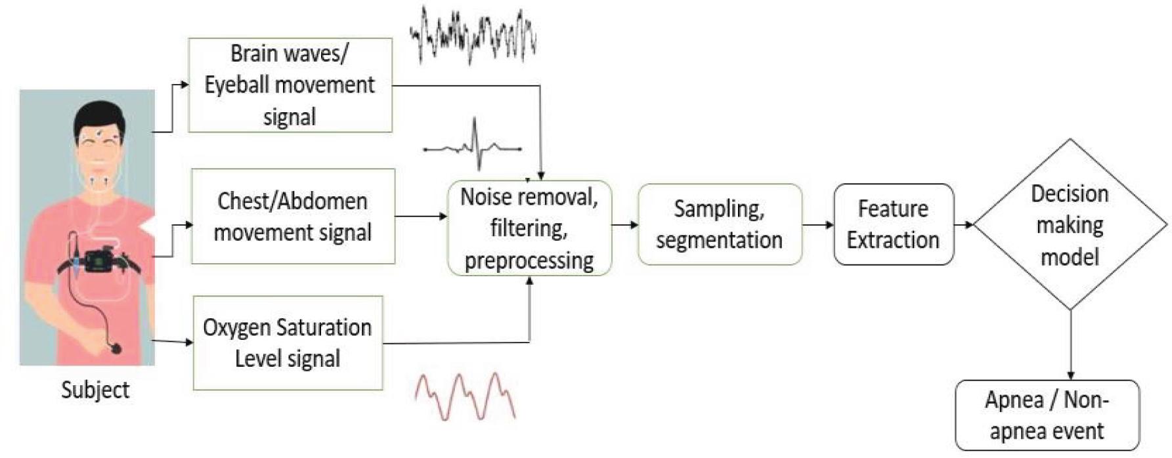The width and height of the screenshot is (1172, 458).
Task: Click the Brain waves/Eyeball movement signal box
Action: coord(290,85)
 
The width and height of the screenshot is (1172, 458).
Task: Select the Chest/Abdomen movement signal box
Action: coord(293,217)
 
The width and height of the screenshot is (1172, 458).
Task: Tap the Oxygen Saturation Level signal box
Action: coord(288,343)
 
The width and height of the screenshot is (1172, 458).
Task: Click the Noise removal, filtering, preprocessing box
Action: coord(529,228)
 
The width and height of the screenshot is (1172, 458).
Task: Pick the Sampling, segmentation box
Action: coord(720,224)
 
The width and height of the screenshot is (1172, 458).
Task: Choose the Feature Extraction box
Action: coord(893,224)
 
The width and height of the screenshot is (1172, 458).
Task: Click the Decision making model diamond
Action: coord(1070,224)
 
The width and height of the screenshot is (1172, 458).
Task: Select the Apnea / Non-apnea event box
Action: coord(1047,415)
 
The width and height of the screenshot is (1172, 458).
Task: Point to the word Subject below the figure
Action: coord(95,390)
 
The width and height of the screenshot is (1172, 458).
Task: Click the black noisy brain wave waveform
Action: coord(473,36)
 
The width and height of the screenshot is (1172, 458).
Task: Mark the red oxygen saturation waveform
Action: coord(465,396)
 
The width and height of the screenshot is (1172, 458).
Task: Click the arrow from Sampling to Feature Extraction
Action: coord(818,225)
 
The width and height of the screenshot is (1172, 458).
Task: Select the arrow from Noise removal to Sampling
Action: coord(625,225)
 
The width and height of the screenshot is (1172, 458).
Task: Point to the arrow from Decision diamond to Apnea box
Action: coord(1071,344)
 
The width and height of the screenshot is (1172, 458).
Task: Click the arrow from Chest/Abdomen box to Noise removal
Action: coord(421,216)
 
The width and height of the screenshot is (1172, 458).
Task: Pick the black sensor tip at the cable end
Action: coord(117,348)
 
